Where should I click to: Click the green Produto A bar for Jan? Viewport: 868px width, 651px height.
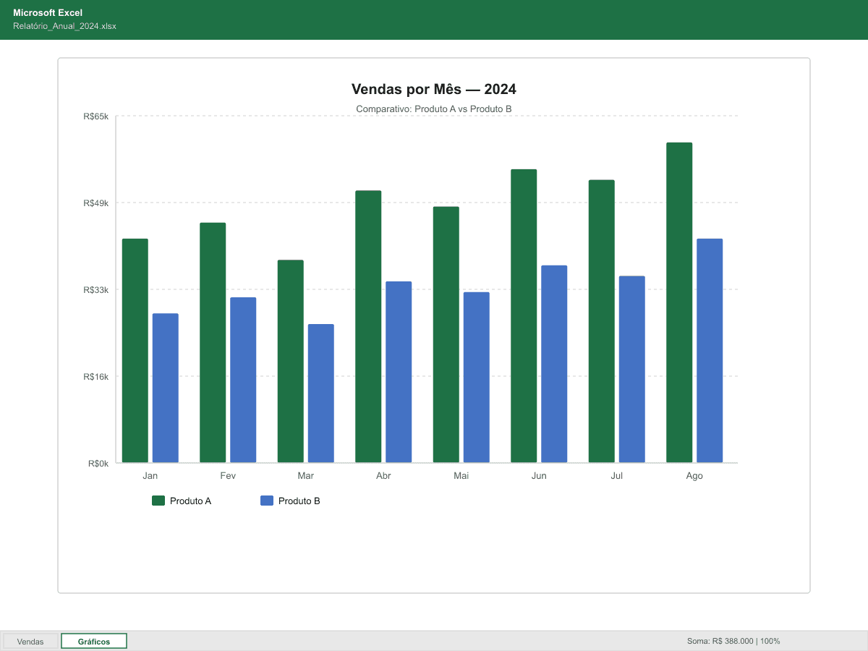click(x=135, y=351)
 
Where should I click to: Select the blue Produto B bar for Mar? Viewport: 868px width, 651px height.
click(x=321, y=393)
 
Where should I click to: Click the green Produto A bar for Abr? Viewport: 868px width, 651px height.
click(x=368, y=326)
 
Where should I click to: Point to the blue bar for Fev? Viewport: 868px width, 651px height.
click(x=243, y=380)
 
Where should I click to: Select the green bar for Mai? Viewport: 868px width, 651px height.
click(x=446, y=334)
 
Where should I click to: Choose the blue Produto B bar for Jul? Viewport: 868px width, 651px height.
click(x=632, y=369)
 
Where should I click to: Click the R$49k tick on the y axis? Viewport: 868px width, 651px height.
click(x=96, y=203)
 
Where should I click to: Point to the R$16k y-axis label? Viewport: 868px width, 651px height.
click(x=96, y=377)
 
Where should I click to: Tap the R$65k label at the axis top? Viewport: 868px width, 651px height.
click(x=96, y=116)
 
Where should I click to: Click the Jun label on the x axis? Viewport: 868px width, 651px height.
click(x=539, y=476)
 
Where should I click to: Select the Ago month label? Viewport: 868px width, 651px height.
click(x=694, y=476)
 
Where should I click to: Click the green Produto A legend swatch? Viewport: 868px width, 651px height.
click(x=158, y=501)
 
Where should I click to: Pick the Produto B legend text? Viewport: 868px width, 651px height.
click(x=299, y=501)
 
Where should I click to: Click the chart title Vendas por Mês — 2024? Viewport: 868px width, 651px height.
click(x=434, y=90)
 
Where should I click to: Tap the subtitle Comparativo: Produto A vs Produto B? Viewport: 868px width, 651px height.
click(x=434, y=109)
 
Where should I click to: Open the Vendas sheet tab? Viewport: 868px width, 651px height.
click(x=30, y=642)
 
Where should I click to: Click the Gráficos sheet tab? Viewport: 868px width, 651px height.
click(x=94, y=642)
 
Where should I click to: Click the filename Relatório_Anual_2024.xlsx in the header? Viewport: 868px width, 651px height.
click(x=64, y=26)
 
